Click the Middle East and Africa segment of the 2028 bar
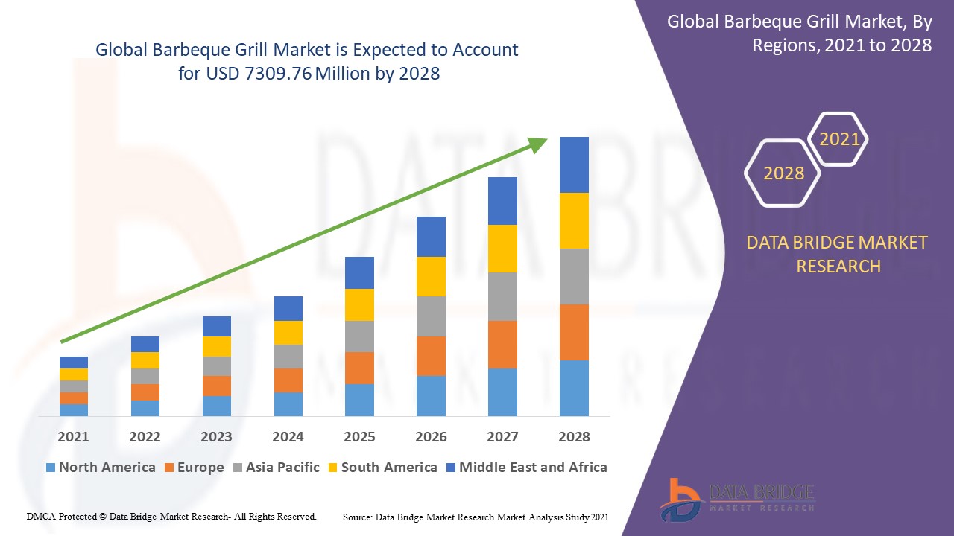click(x=574, y=165)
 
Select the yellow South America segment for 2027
click(x=502, y=248)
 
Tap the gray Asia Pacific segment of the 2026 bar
click(x=431, y=316)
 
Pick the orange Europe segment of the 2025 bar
click(x=359, y=368)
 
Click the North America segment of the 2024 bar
click(x=288, y=403)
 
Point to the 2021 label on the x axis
click(x=73, y=437)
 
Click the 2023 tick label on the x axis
click(x=216, y=437)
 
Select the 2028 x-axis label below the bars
click(x=574, y=437)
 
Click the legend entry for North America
click(x=100, y=468)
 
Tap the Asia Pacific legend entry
click(x=276, y=468)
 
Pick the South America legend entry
click(x=382, y=468)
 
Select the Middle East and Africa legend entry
click(x=526, y=468)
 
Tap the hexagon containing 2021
click(x=839, y=139)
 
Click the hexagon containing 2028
click(x=783, y=173)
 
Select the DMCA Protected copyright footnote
click(x=171, y=516)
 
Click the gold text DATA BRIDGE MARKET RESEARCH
click(x=838, y=254)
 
